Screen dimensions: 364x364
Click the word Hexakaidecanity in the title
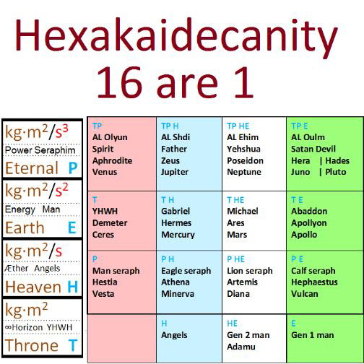click(x=176, y=36)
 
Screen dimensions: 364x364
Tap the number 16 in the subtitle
click(x=119, y=82)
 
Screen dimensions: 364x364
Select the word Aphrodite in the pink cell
click(x=112, y=160)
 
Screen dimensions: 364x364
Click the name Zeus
click(x=170, y=160)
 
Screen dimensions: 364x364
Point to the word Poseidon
click(x=245, y=160)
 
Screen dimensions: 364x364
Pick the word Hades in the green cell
click(x=337, y=160)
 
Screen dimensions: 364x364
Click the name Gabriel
click(x=175, y=211)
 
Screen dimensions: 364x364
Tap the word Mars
click(x=237, y=235)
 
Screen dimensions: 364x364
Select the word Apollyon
click(x=309, y=223)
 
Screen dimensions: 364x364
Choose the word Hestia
click(x=105, y=282)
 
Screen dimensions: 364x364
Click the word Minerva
click(x=178, y=294)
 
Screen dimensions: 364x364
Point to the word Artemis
click(x=242, y=282)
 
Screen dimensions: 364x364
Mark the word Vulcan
click(x=305, y=294)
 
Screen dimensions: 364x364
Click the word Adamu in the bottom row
click(x=241, y=347)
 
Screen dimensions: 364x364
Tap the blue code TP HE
click(x=238, y=126)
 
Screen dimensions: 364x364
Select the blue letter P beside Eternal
click(x=73, y=168)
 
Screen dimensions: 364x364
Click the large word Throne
click(x=32, y=345)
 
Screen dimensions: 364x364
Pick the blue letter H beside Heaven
click(x=73, y=287)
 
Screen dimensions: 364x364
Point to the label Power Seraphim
click(x=40, y=150)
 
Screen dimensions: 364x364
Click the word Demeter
click(x=110, y=223)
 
